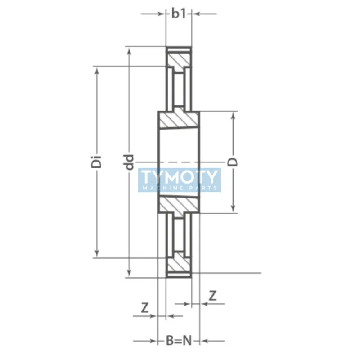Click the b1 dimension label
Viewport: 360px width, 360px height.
tap(179, 13)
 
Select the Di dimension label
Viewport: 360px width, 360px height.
tap(96, 162)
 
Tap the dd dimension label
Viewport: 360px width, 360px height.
tap(130, 162)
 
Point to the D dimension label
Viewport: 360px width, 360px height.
tap(234, 162)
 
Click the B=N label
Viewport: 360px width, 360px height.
tap(179, 340)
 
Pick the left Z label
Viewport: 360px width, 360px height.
tap(145, 308)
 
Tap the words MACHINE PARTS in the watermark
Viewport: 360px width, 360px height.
tap(180, 187)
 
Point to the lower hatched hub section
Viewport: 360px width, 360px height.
tap(179, 204)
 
